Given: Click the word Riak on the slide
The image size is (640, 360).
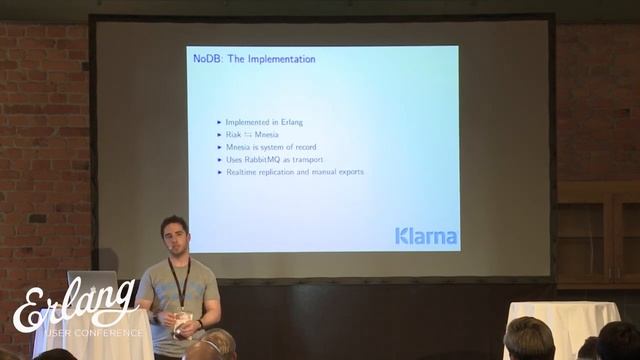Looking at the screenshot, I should (233, 134).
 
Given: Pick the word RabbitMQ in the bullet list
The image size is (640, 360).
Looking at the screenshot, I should (264, 159).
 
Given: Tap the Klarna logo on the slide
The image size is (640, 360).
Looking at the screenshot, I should (425, 237).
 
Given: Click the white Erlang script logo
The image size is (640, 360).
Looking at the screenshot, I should (75, 304).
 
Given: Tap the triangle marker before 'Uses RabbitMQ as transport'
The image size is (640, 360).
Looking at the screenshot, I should (219, 160).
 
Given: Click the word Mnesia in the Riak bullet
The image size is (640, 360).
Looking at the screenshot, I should (266, 134).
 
